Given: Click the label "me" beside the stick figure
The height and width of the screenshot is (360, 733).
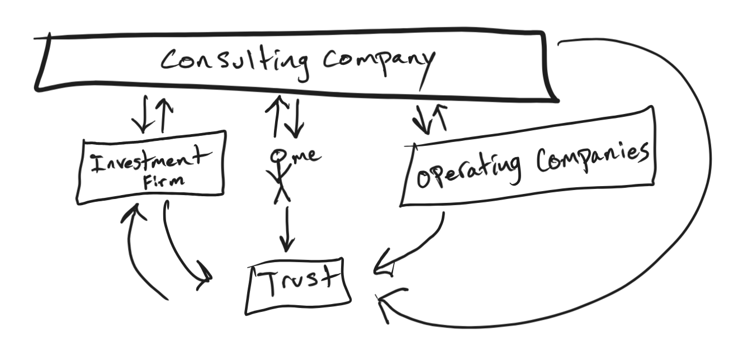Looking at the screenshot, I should point(306,156).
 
